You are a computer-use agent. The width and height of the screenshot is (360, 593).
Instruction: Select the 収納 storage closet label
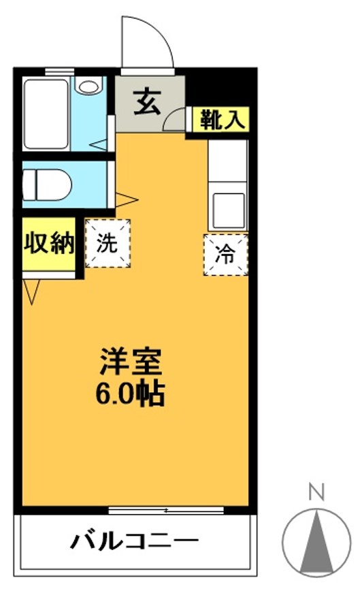48,244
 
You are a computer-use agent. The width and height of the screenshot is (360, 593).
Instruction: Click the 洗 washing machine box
108,243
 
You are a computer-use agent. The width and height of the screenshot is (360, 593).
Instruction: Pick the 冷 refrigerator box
225,254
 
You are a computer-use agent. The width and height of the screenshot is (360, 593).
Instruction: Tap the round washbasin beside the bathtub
88,87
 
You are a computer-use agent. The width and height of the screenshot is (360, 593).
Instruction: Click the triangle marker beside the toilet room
127,199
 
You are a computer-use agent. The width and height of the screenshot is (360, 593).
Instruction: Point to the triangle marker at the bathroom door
99,145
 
